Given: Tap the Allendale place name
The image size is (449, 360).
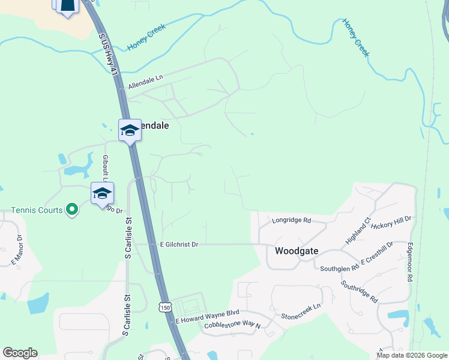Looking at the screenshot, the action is [154, 126].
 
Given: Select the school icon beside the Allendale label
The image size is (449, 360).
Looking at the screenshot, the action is [129, 131].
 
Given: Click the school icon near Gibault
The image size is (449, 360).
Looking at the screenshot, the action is [102, 193].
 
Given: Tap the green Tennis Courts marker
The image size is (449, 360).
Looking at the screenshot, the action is [72, 209].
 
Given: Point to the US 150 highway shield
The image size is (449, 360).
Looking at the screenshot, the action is [165, 308].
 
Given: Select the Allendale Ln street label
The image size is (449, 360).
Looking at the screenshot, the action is [145, 83].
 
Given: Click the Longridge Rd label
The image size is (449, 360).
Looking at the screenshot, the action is [291, 220].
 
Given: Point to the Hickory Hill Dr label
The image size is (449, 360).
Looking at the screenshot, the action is [391, 223].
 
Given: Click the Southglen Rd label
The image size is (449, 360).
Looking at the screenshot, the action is [339, 268].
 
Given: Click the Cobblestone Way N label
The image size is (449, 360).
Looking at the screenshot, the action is [232, 325].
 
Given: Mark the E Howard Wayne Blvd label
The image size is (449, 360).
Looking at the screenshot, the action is [208, 313].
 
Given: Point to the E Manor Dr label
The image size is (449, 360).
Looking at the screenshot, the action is [18, 251].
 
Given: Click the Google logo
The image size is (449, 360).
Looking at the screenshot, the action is [20, 353].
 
